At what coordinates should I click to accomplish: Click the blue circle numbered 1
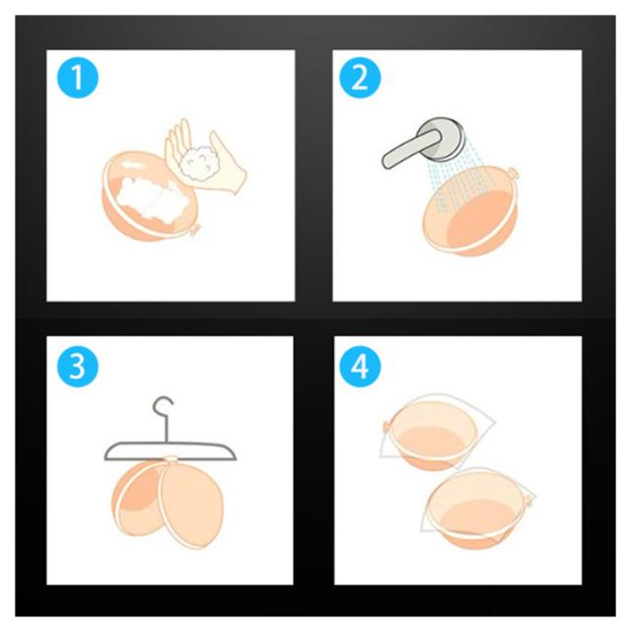tap(78, 77)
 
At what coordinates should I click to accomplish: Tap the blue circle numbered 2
tap(360, 77)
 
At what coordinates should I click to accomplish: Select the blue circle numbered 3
tap(78, 366)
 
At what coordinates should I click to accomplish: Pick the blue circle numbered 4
tap(360, 366)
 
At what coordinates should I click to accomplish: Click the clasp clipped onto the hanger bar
tap(171, 459)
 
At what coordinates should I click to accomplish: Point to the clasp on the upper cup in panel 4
tap(386, 426)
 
